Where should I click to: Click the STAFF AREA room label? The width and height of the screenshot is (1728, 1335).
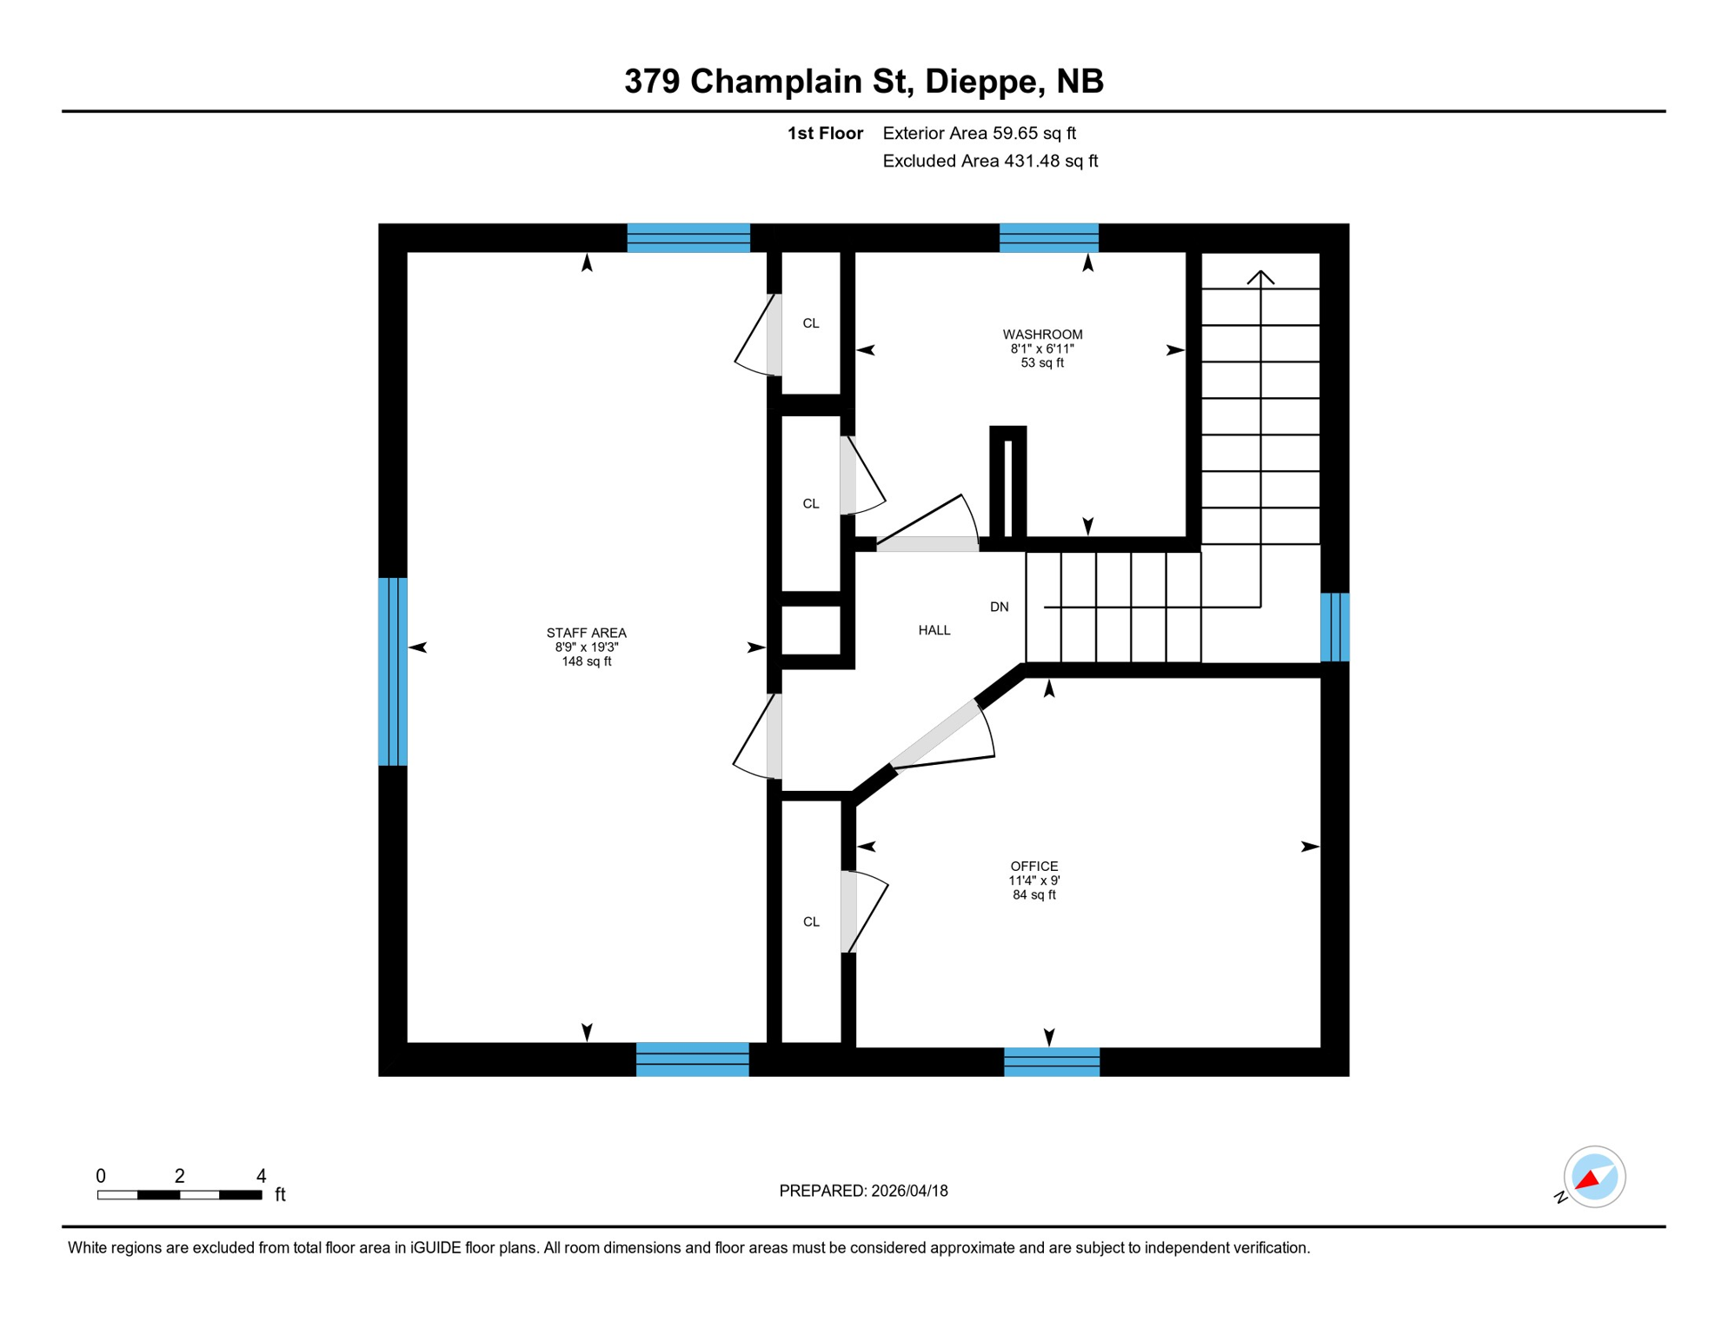pyautogui.click(x=586, y=634)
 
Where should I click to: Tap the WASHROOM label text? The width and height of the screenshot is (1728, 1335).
pyautogui.click(x=1042, y=335)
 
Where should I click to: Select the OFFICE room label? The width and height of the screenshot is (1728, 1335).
pyautogui.click(x=1033, y=867)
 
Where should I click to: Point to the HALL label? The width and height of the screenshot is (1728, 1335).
pyautogui.click(x=934, y=630)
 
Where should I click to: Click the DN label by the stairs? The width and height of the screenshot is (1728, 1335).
pyautogui.click(x=999, y=607)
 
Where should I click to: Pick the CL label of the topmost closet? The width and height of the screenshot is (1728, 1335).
pyautogui.click(x=810, y=323)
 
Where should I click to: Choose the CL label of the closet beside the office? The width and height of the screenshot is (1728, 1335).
pyautogui.click(x=810, y=921)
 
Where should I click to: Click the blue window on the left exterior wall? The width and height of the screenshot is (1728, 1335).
pyautogui.click(x=393, y=671)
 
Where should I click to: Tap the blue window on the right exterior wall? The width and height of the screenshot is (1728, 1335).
pyautogui.click(x=1334, y=627)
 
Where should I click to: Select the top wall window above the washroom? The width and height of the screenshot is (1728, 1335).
pyautogui.click(x=1048, y=237)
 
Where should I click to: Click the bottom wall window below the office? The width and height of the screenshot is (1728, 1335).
pyautogui.click(x=1052, y=1061)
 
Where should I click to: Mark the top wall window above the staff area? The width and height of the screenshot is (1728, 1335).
pyautogui.click(x=688, y=237)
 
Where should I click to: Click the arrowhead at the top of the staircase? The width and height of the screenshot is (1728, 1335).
pyautogui.click(x=1260, y=276)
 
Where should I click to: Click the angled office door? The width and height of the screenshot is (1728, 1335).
pyautogui.click(x=934, y=734)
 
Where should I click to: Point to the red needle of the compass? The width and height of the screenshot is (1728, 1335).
pyautogui.click(x=1587, y=1180)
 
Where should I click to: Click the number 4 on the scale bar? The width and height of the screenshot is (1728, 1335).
pyautogui.click(x=261, y=1176)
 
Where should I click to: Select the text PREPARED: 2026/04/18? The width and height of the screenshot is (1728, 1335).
pyautogui.click(x=863, y=1191)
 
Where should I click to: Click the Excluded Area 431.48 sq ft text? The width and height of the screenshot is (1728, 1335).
pyautogui.click(x=990, y=161)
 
